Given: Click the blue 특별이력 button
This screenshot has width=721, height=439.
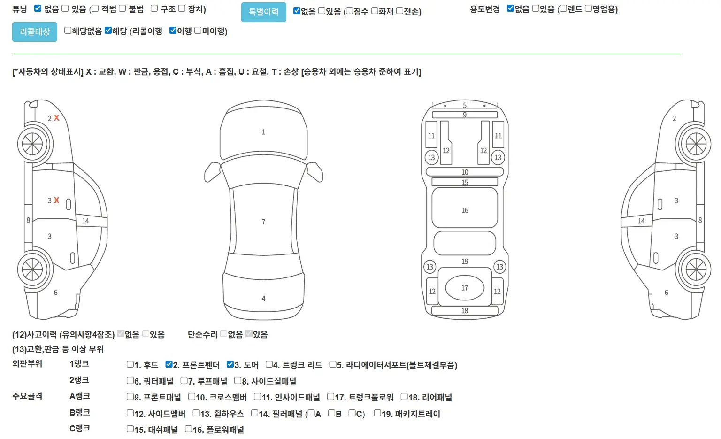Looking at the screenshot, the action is click(264, 12).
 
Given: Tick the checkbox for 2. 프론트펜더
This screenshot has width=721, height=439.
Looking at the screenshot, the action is click(169, 364).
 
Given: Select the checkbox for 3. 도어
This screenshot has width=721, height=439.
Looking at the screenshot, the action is click(230, 364).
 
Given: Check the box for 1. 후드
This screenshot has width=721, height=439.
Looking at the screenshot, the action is click(130, 364).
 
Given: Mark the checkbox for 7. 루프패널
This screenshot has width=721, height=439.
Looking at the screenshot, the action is click(184, 380).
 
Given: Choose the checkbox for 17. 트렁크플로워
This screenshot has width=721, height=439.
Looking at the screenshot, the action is click(330, 397).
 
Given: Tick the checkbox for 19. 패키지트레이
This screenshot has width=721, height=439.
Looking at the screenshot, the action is click(377, 413).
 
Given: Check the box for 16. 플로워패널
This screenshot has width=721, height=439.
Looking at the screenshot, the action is click(188, 429).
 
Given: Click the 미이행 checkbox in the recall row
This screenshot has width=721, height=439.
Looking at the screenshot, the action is click(198, 30).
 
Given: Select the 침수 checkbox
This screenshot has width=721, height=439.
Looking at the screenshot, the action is click(350, 11).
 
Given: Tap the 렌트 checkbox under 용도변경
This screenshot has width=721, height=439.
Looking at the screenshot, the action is click(563, 8).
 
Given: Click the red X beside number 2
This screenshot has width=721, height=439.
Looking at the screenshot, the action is click(57, 118).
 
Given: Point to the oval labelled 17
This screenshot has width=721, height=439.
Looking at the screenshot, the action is click(464, 288).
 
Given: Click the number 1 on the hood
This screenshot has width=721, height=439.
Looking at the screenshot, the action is click(264, 132).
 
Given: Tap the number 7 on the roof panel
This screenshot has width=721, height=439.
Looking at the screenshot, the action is click(264, 222).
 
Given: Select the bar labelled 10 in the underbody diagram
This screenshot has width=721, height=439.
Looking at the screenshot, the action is click(465, 172).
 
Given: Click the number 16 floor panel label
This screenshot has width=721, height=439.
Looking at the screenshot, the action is click(465, 210).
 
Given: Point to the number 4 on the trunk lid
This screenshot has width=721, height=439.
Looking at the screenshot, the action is click(264, 299).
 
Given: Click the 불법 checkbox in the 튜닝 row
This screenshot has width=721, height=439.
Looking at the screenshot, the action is click(123, 8).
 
